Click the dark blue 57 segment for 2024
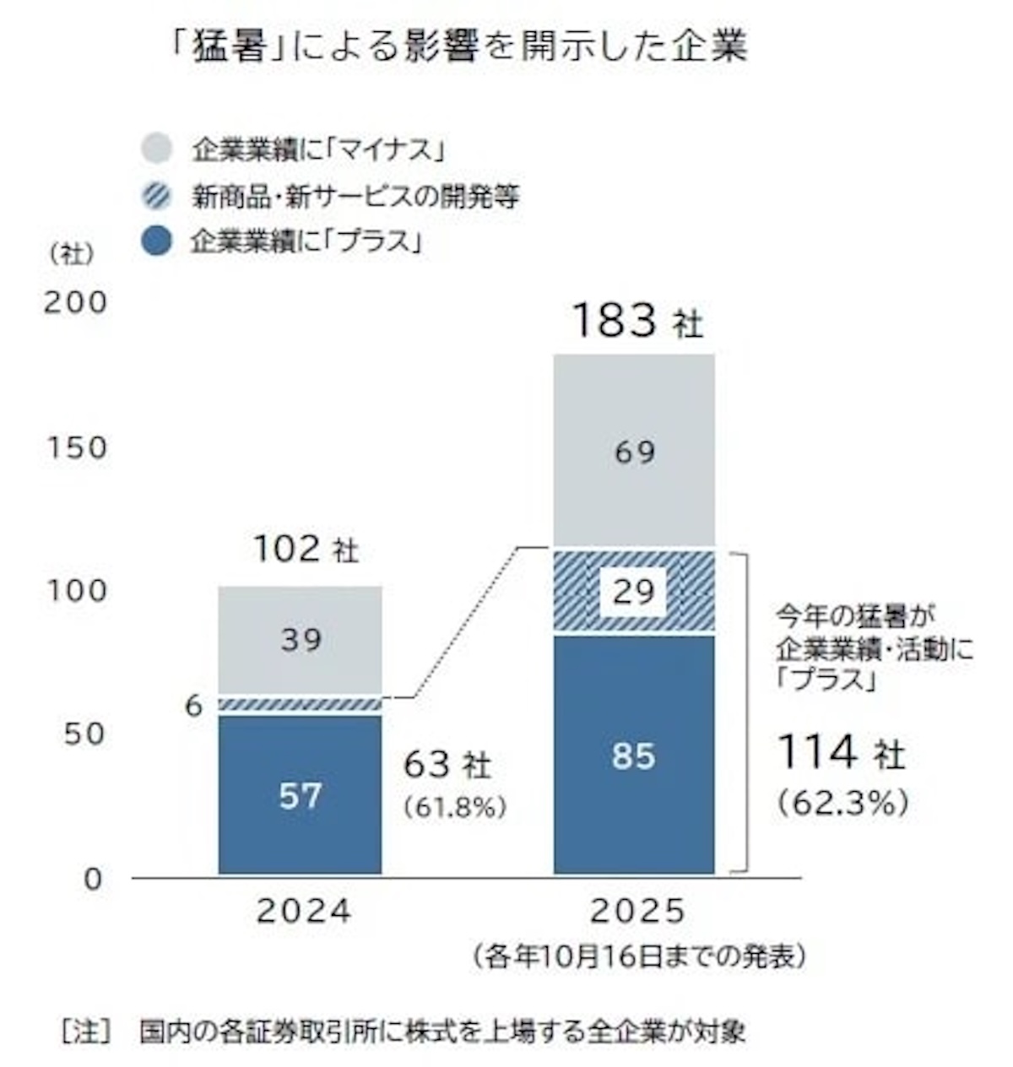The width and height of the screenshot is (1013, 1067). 300,793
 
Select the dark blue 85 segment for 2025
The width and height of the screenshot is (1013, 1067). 634,754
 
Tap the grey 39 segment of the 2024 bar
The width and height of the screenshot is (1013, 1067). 300,640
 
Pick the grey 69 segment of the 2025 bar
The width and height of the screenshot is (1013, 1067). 634,452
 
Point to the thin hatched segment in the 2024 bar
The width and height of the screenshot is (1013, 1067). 300,704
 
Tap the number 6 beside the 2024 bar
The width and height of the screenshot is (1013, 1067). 194,706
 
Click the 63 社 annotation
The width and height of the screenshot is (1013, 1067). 447,766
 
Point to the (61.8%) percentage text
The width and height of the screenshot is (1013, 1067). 455,808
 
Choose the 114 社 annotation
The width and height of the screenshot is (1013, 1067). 840,752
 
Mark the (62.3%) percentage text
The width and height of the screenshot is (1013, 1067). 842,803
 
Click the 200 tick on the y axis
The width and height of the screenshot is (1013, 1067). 76,302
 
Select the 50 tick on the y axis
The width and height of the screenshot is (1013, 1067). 83,733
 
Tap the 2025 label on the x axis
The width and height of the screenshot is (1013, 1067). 638,912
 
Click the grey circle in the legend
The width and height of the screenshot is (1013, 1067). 156,149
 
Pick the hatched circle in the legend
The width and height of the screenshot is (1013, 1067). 156,196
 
